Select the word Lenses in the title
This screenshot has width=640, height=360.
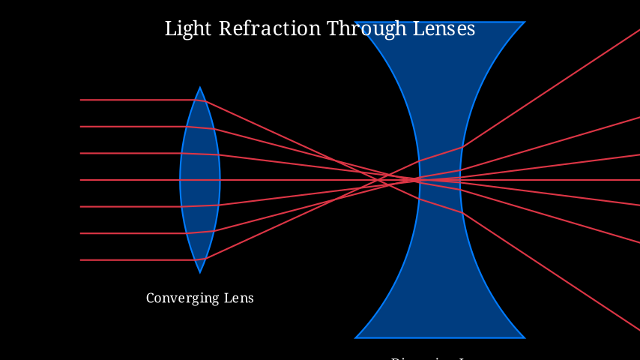(x=443, y=29)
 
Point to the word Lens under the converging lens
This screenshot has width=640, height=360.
(x=240, y=298)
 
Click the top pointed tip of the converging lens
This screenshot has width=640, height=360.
(x=200, y=88)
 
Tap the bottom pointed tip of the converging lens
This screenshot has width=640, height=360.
(x=200, y=272)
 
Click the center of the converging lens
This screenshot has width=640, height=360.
(x=200, y=180)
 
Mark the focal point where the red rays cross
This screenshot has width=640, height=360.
(x=414, y=180)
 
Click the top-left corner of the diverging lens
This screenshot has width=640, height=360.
(x=355, y=22)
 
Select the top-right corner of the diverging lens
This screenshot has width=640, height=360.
(x=525, y=22)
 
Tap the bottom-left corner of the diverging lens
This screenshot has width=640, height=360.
(x=355, y=337)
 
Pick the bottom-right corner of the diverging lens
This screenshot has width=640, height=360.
(x=525, y=337)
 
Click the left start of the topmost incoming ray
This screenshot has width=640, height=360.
(x=81, y=100)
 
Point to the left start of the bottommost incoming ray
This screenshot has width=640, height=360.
(x=81, y=260)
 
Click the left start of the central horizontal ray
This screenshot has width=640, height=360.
(x=81, y=180)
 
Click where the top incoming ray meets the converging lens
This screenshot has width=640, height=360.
(x=204, y=100)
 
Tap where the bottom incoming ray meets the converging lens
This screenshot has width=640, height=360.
(x=204, y=260)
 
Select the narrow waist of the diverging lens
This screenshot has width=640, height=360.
(x=440, y=180)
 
